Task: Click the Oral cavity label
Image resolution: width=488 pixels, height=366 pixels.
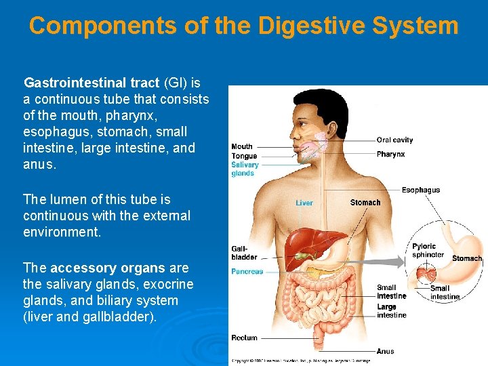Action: click(394, 140)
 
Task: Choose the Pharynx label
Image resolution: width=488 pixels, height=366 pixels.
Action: click(390, 155)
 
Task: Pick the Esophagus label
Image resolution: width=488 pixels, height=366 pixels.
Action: click(420, 190)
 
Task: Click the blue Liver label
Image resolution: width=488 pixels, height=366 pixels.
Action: click(304, 203)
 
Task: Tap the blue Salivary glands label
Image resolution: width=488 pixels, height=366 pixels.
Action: click(244, 169)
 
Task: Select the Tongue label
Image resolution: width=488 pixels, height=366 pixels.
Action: click(243, 157)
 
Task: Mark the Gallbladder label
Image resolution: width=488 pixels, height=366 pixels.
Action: click(244, 253)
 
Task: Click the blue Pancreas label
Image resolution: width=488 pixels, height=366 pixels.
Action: click(247, 271)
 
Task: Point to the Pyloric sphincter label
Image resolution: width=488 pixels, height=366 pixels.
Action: click(428, 250)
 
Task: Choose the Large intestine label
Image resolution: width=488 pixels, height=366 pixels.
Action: click(391, 311)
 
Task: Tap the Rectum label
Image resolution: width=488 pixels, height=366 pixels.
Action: click(244, 338)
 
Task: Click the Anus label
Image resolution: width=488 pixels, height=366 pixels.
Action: click(385, 351)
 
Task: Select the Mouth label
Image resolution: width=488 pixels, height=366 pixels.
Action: click(242, 146)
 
